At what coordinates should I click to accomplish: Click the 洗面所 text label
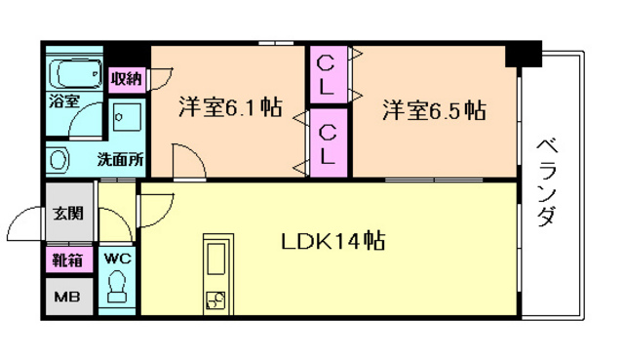120,159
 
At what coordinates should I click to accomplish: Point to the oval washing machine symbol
58,159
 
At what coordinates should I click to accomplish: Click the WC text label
118,259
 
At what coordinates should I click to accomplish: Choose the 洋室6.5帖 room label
434,109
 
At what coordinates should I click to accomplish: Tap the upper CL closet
327,75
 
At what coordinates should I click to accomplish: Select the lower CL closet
327,142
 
